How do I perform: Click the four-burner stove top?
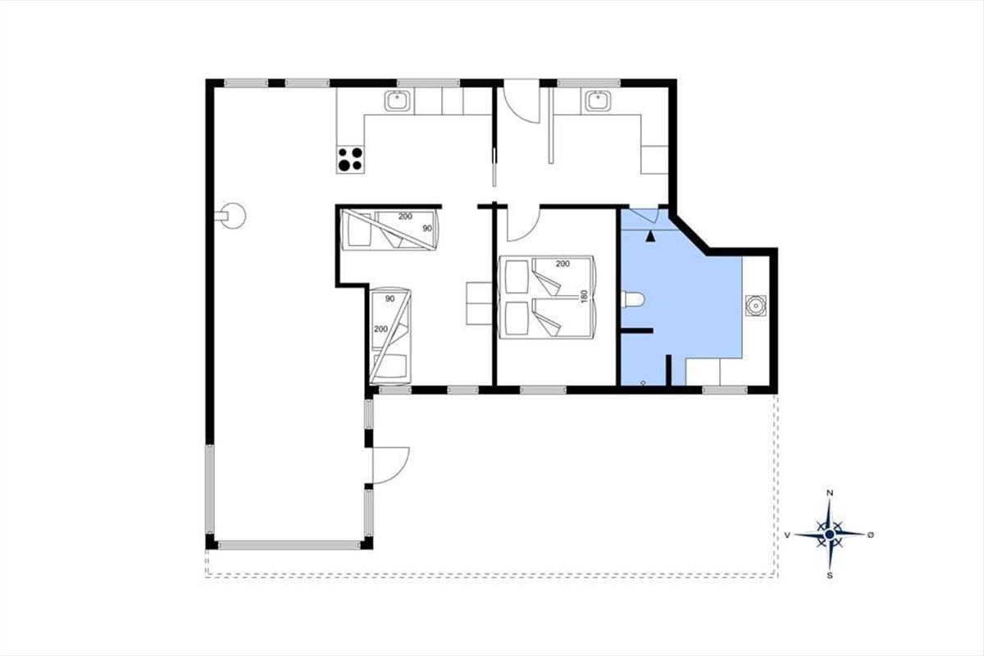[x=350, y=160]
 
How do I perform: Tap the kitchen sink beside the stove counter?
[x=398, y=101]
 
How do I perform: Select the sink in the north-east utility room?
[x=598, y=101]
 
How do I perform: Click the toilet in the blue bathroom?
[x=633, y=300]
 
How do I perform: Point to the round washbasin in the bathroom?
[x=755, y=305]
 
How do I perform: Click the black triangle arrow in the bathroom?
[x=651, y=236]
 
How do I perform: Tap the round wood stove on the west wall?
[x=231, y=216]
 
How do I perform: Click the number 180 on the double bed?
[x=584, y=296]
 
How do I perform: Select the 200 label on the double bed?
[x=563, y=264]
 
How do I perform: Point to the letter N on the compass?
[x=830, y=493]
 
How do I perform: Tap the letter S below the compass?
[x=830, y=576]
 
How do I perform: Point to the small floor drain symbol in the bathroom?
[x=643, y=383]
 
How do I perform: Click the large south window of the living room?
[x=289, y=545]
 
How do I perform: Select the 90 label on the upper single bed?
[x=427, y=229]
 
